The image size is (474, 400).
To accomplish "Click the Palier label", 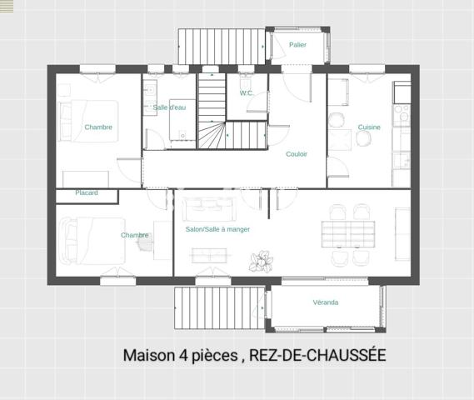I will pyautogui.click(x=297, y=44).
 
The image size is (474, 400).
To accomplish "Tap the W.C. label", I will pyautogui.click(x=247, y=92).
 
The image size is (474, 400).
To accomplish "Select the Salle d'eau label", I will pyautogui.click(x=169, y=107).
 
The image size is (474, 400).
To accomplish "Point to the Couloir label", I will pyautogui.click(x=297, y=154).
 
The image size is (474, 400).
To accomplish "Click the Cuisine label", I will pyautogui.click(x=369, y=127).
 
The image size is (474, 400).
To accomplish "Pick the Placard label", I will pyautogui.click(x=87, y=192).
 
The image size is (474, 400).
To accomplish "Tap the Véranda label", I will pyautogui.click(x=326, y=302).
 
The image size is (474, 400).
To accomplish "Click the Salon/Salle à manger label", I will pyautogui.click(x=217, y=229).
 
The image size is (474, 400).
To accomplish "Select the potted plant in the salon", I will pyautogui.click(x=262, y=261).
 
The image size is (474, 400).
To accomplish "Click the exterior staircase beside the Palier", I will pyautogui.click(x=221, y=45).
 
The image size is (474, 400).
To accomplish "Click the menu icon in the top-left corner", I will pyautogui.click(x=7, y=6).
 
